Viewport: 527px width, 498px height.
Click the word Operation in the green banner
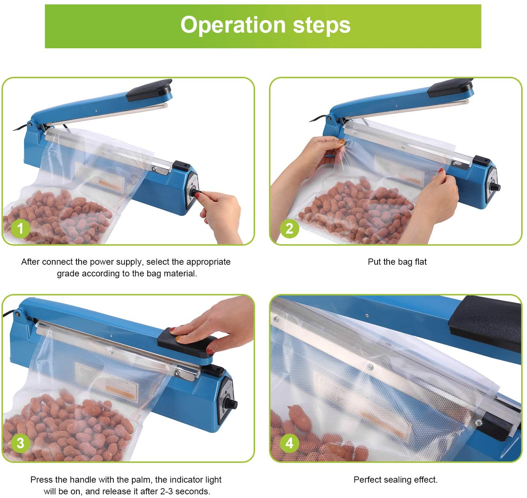233,26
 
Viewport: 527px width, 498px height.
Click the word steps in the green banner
322,26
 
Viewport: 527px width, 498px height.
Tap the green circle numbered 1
20,229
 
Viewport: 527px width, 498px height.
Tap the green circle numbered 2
289,229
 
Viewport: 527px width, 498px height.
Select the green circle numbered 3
20,443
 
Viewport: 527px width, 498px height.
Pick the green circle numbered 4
289,443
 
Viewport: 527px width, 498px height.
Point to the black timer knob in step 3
231,404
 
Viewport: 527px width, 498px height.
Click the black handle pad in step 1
149,90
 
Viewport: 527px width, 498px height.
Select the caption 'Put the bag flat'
397,262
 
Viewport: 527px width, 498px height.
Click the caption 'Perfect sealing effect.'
395,480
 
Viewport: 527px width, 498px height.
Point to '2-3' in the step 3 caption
166,491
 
